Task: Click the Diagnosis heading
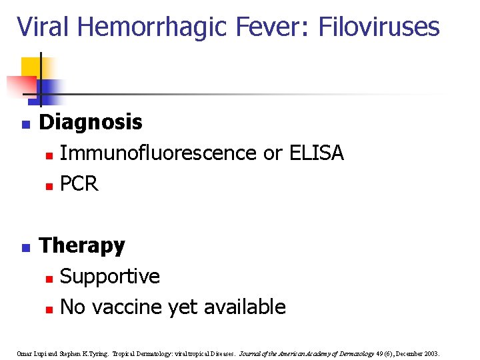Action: (91, 123)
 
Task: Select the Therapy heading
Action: (82, 246)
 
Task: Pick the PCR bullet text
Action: (79, 184)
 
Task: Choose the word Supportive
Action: (109, 277)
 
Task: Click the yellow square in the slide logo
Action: (31, 67)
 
